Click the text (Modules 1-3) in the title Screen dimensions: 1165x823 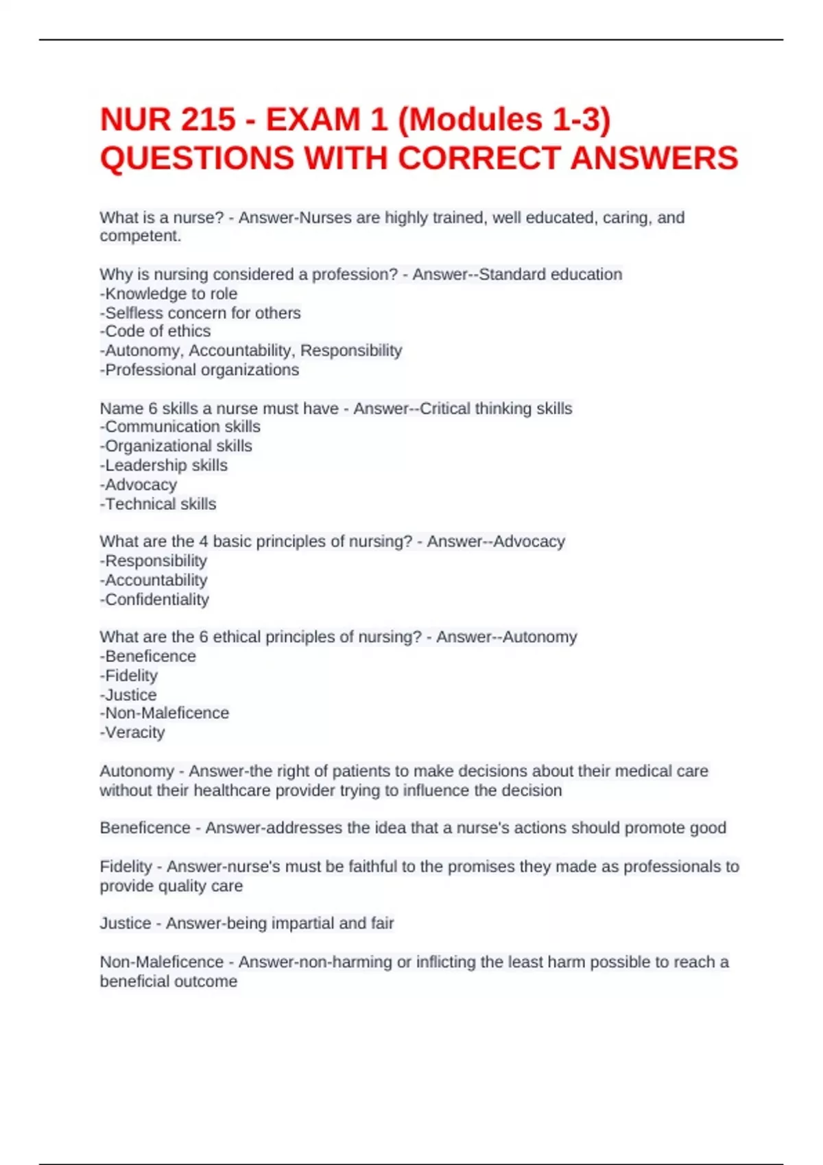pyautogui.click(x=504, y=120)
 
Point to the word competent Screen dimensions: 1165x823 pyautogui.click(x=140, y=236)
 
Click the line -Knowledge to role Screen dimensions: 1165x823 pyautogui.click(x=169, y=294)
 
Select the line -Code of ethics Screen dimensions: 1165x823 pyautogui.click(x=156, y=331)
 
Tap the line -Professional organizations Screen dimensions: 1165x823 pyautogui.click(x=200, y=370)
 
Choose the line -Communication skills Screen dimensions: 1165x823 pyautogui.click(x=180, y=426)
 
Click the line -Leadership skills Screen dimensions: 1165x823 pyautogui.click(x=164, y=465)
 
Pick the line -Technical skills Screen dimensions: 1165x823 pyautogui.click(x=158, y=504)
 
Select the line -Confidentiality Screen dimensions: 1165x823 pyautogui.click(x=155, y=600)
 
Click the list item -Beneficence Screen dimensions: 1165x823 pyautogui.click(x=148, y=657)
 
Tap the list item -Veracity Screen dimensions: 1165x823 pyautogui.click(x=133, y=733)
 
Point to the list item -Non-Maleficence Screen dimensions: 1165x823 pyautogui.click(x=165, y=713)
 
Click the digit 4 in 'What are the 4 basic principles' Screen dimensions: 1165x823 pyautogui.click(x=204, y=541)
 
